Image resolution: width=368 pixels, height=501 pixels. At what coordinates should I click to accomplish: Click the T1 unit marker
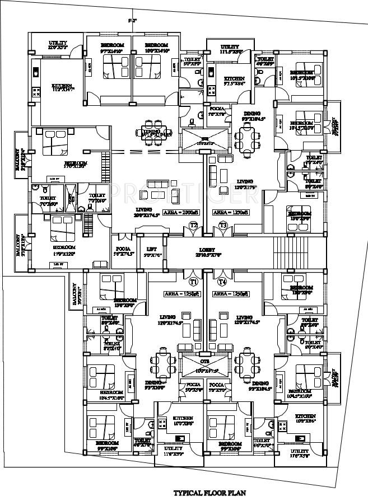click(194, 281)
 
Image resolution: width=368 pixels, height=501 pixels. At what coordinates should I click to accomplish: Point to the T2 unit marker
click(194, 226)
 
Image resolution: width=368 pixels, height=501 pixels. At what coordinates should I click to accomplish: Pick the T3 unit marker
click(223, 226)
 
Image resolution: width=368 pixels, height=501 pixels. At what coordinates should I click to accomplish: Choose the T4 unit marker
click(222, 281)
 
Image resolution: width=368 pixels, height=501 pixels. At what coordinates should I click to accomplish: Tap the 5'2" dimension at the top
click(132, 21)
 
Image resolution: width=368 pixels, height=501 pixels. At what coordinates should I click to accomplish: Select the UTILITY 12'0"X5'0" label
click(58, 45)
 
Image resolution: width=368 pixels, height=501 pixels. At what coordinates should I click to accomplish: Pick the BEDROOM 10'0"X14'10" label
click(156, 47)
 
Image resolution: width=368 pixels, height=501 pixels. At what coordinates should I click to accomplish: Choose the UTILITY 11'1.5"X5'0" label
click(230, 49)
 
